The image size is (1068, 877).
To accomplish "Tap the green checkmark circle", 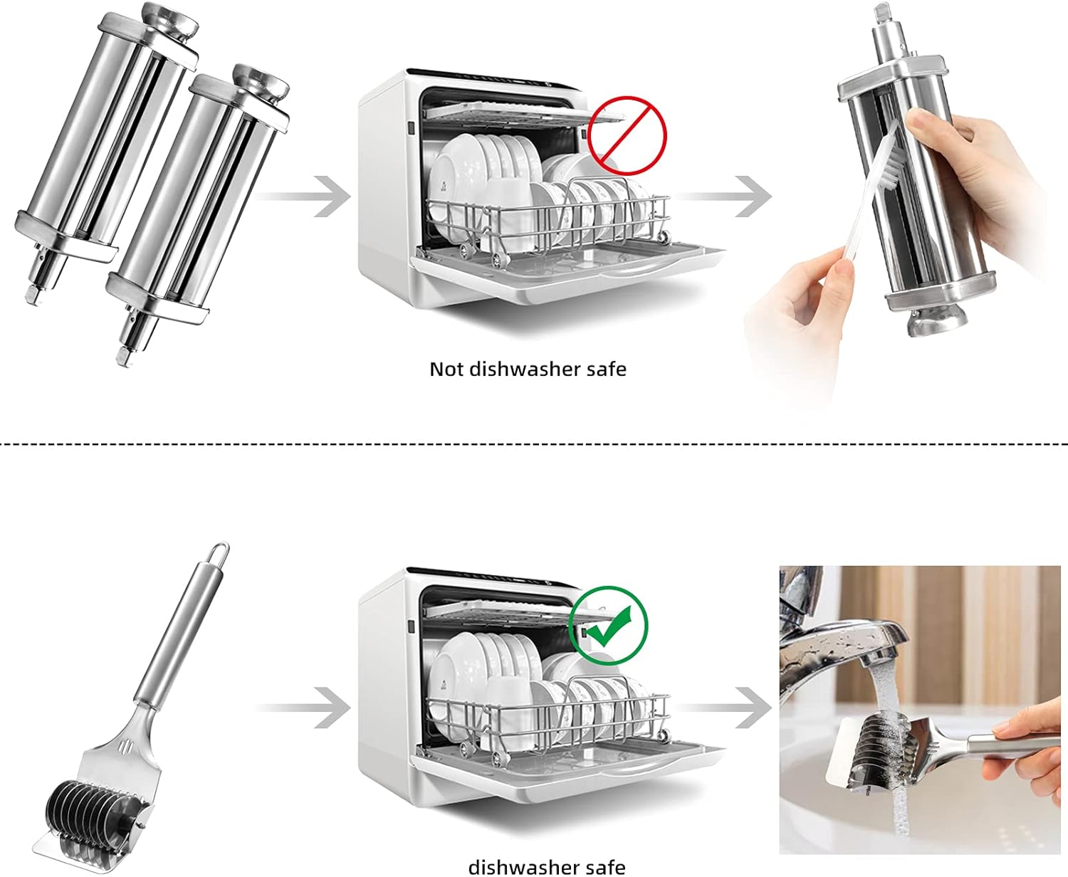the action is pos(608,626).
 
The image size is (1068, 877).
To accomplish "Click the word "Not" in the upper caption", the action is pos(446,369).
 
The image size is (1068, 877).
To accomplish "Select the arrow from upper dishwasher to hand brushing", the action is pos(725,196).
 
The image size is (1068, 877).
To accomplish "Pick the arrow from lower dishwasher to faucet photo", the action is pos(725,708).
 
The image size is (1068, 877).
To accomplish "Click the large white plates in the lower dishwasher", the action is pos(483,673).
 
